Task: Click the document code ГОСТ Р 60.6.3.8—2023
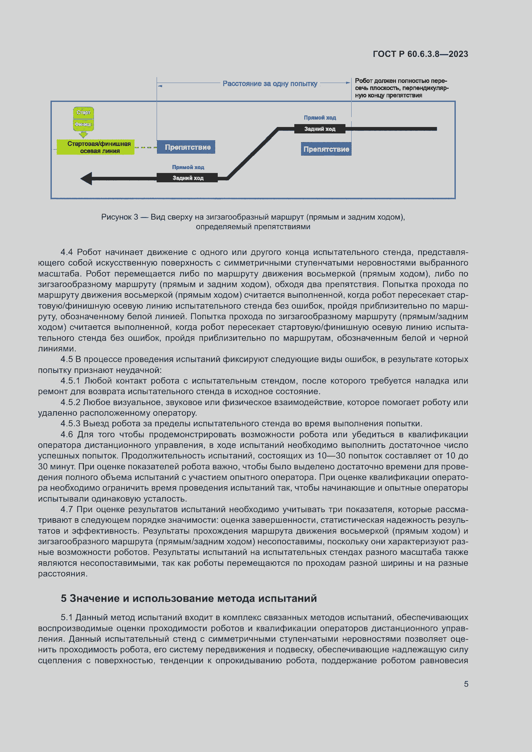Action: (420, 54)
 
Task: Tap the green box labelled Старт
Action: (83, 112)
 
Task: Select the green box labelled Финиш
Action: (83, 124)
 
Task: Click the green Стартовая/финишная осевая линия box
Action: (96, 147)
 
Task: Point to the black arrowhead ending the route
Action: (87, 178)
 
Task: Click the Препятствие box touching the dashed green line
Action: (186, 147)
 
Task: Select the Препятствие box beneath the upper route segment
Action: (326, 149)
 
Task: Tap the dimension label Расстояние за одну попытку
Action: (270, 84)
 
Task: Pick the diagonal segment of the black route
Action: (252, 153)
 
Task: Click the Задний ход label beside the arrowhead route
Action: (188, 178)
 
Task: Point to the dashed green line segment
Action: (145, 147)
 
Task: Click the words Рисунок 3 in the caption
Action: (119, 217)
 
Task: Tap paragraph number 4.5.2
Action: (70, 402)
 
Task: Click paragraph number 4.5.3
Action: (70, 423)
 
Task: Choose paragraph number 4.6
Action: (67, 434)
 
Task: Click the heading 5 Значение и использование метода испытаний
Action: (189, 598)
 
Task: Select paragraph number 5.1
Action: (67, 617)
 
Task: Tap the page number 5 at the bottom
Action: (466, 684)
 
